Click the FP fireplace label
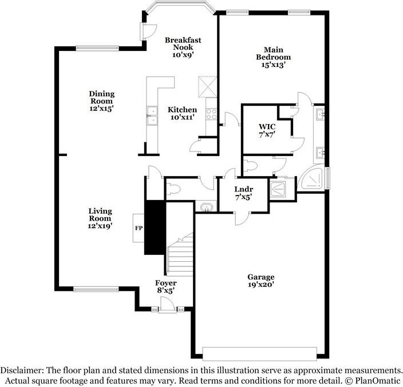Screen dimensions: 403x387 tap(139, 228)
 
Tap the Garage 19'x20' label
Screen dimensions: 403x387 tap(261, 281)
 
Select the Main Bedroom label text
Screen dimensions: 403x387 tap(274, 53)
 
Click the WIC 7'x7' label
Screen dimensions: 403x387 tap(267, 130)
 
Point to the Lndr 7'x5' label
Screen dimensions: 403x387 tap(244, 193)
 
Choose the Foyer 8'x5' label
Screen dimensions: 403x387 tap(166, 286)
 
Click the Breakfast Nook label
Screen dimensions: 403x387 tap(183, 43)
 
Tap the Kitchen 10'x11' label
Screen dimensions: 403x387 tap(182, 113)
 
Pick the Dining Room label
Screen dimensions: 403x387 tap(102, 97)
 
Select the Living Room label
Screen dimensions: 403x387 tap(100, 215)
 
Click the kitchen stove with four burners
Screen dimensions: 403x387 tap(211, 114)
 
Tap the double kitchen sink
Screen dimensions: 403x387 tap(152, 115)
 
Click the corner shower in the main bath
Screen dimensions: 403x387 tap(312, 177)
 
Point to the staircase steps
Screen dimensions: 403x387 tap(180, 254)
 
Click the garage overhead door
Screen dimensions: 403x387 tap(259, 354)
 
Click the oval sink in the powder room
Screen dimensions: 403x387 tap(207, 207)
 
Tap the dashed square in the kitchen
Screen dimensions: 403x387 tap(207, 87)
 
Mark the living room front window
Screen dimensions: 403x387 tap(96, 289)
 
